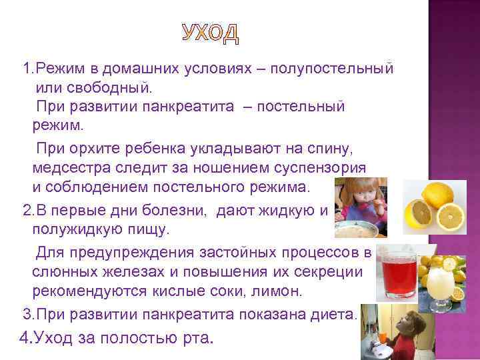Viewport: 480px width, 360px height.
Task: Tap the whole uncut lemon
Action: tap(437, 194)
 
